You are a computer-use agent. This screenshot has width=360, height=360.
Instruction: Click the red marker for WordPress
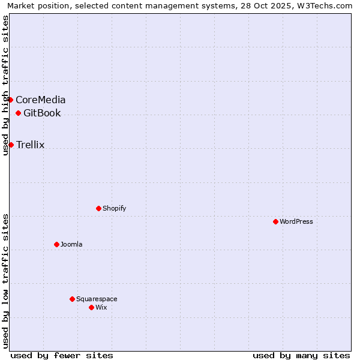pyautogui.click(x=275, y=221)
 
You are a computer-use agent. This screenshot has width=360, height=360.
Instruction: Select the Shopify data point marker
pyautogui.click(x=98, y=208)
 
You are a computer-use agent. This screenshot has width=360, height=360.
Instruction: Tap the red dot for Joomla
pyautogui.click(x=56, y=244)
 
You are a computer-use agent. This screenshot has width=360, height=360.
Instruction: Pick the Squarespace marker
pyautogui.click(x=72, y=299)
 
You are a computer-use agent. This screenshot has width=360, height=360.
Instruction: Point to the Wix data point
pyautogui.click(x=91, y=307)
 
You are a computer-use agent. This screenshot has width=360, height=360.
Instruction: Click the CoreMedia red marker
pyautogui.click(x=11, y=100)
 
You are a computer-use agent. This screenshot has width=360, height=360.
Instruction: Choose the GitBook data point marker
pyautogui.click(x=18, y=113)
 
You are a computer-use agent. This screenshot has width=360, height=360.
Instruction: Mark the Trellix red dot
pyautogui.click(x=11, y=145)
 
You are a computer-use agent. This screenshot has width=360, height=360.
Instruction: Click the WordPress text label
pyautogui.click(x=296, y=221)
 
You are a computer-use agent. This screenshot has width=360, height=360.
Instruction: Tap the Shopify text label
pyautogui.click(x=115, y=208)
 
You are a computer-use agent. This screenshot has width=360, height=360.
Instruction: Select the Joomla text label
pyautogui.click(x=71, y=244)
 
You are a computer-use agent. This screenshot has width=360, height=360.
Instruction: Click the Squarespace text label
pyautogui.click(x=97, y=299)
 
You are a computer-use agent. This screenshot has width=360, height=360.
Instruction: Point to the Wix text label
pyautogui.click(x=101, y=307)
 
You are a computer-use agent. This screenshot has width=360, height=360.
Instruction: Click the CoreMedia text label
pyautogui.click(x=41, y=100)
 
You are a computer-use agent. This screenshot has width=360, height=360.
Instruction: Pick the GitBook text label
pyautogui.click(x=42, y=113)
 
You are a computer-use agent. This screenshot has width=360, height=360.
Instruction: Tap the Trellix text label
pyautogui.click(x=31, y=145)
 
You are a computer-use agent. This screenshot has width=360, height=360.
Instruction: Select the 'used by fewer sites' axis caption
pyautogui.click(x=62, y=355)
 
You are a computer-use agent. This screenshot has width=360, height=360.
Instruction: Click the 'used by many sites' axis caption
pyautogui.click(x=301, y=355)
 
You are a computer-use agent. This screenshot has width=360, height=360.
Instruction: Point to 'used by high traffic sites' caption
pyautogui.click(x=5, y=85)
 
